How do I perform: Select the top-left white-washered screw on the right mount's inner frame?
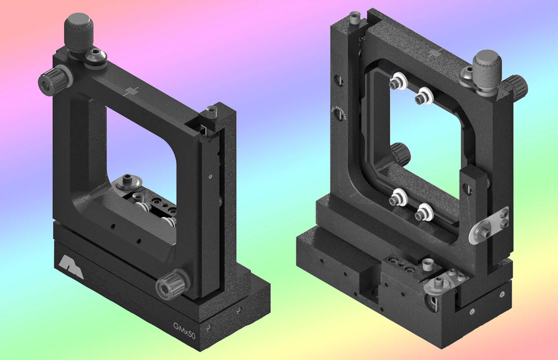tap(396, 83)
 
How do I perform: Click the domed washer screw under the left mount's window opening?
tap(127, 183)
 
